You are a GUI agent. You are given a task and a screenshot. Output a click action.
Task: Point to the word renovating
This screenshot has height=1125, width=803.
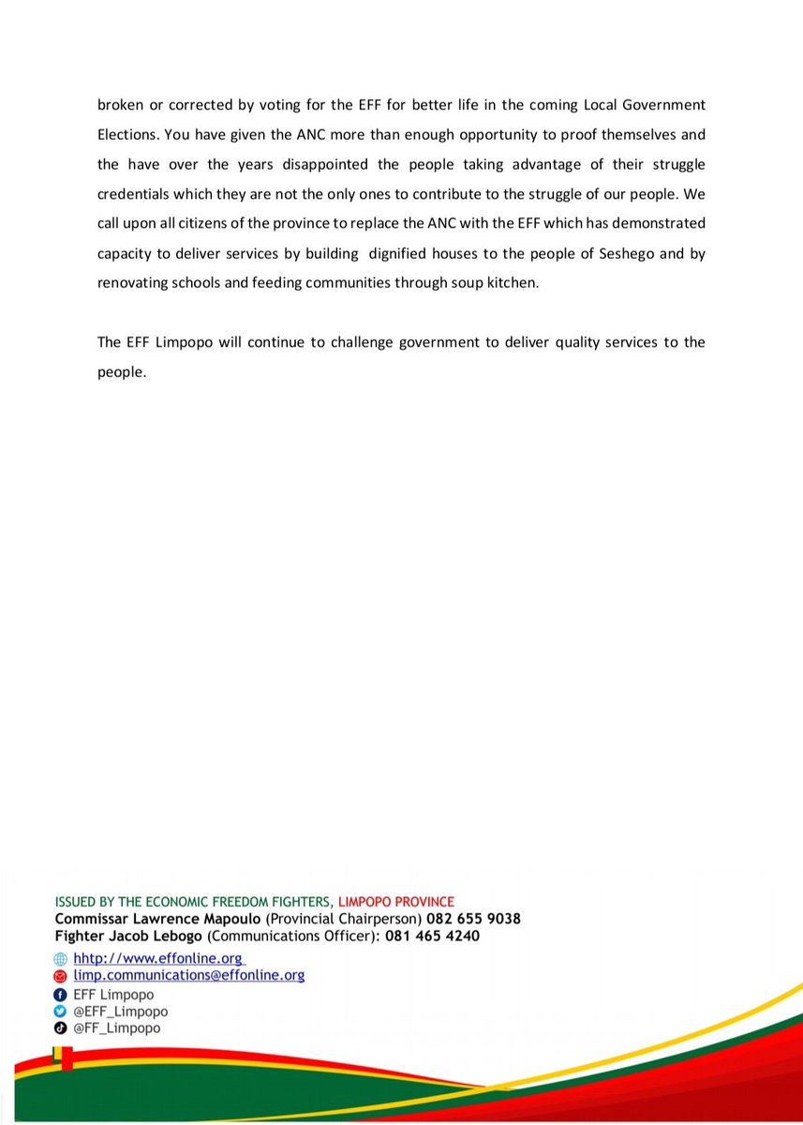[x=132, y=284]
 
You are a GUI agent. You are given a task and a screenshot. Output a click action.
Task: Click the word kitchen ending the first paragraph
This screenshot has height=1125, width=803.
[x=513, y=284]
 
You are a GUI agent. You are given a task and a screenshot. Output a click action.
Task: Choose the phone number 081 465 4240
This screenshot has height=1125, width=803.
[x=433, y=936]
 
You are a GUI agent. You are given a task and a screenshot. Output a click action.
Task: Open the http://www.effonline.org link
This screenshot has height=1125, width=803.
[x=158, y=958]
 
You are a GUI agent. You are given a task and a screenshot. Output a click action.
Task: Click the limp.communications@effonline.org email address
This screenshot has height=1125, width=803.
[x=188, y=976]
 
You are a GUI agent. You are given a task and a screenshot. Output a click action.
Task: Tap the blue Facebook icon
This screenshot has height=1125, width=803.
[x=61, y=995]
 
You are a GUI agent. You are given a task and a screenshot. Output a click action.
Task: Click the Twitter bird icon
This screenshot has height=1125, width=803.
[x=61, y=1012]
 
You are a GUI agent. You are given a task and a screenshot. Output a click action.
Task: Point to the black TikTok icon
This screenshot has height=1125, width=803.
[x=61, y=1028]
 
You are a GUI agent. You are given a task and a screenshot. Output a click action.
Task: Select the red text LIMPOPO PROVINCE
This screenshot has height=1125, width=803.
[x=395, y=902]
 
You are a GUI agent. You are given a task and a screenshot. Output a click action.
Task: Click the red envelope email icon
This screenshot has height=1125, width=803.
[x=61, y=977]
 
